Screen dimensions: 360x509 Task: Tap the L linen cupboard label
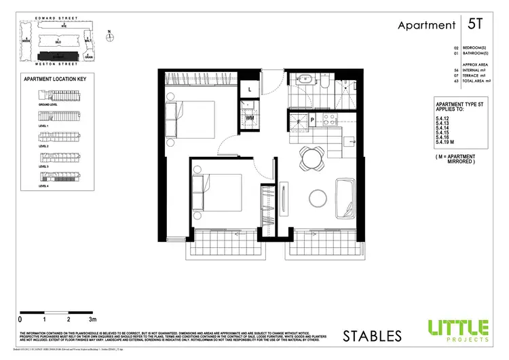pyautogui.click(x=249, y=90)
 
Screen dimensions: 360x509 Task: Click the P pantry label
pyautogui.click(x=312, y=120)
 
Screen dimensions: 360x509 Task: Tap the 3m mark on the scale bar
pyautogui.click(x=92, y=318)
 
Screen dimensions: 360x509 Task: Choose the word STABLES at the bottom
pyautogui.click(x=372, y=336)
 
